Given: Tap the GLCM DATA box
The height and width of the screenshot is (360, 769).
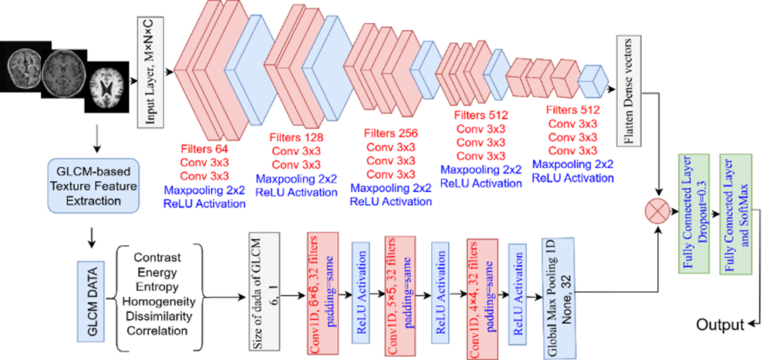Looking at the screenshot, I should pyautogui.click(x=92, y=291).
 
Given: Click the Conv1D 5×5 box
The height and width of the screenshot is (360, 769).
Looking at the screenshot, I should pyautogui.click(x=398, y=296).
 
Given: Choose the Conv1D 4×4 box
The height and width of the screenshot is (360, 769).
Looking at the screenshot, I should pyautogui.click(x=478, y=298).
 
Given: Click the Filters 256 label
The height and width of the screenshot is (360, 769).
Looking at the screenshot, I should pyautogui.click(x=390, y=133).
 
